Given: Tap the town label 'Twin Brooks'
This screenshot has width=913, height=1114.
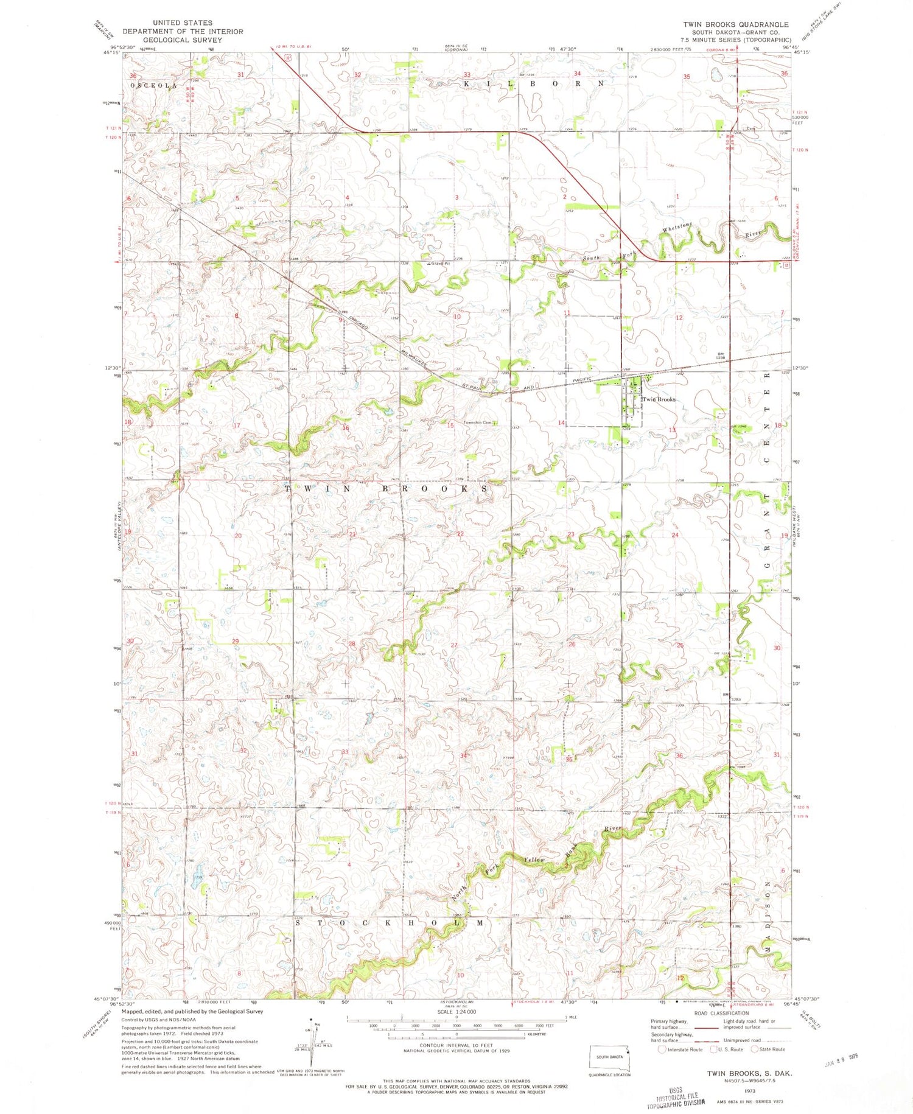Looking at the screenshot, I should (x=659, y=399).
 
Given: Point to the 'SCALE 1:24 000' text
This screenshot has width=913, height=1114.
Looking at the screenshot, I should (x=456, y=1012).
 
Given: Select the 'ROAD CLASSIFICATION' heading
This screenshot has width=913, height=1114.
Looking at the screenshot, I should (x=721, y=1014).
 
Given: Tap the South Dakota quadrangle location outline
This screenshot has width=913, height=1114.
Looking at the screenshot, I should (x=609, y=1059).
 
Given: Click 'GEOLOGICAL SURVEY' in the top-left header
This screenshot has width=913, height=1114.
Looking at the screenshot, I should (x=182, y=40).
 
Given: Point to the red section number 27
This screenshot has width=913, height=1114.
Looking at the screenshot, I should (x=454, y=645).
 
